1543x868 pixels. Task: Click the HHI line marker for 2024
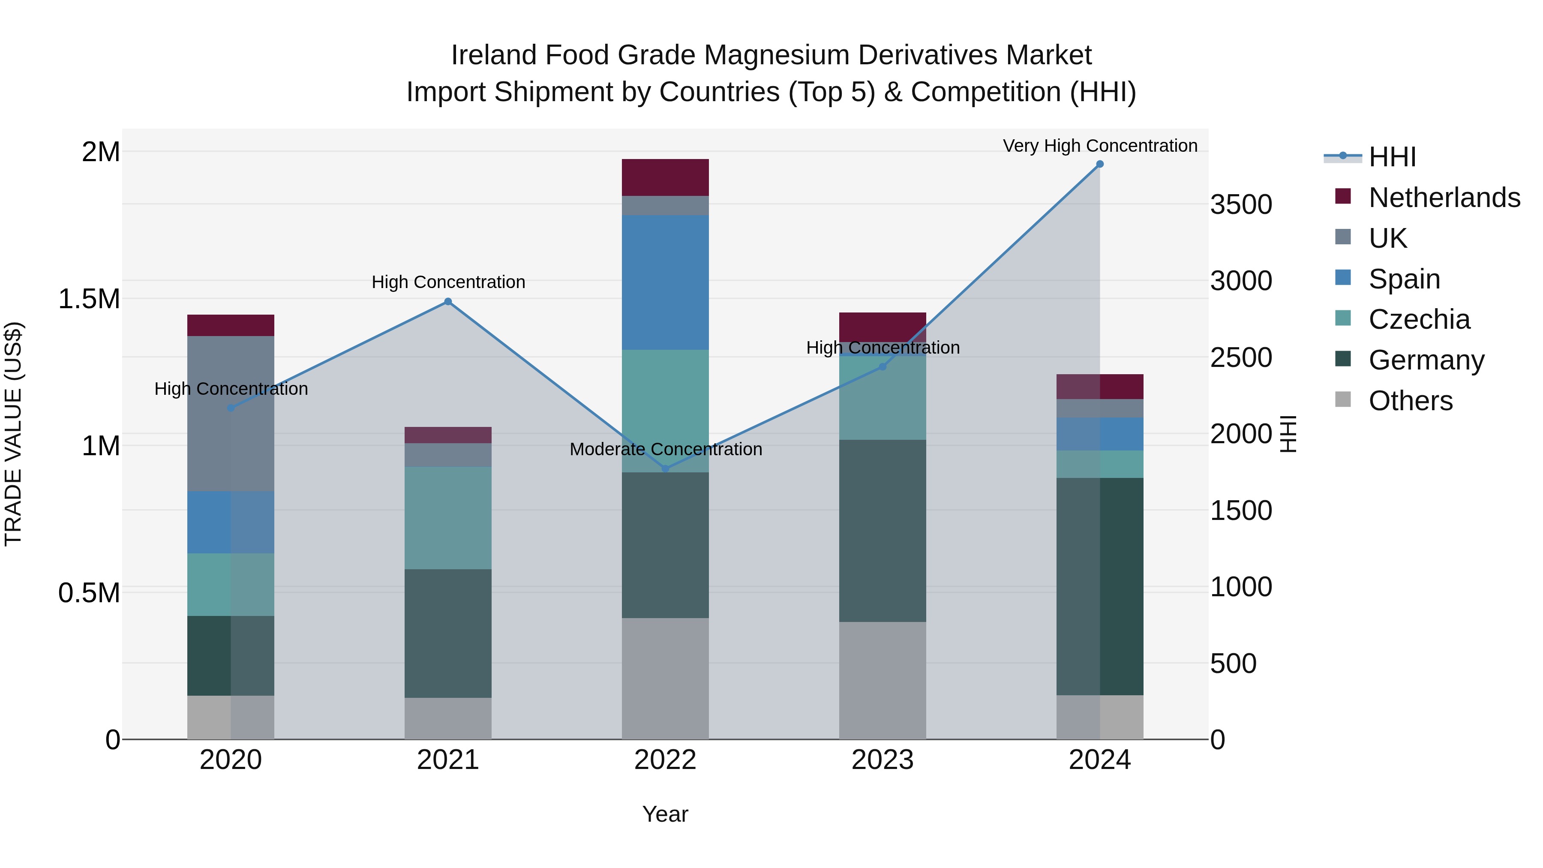[1100, 164]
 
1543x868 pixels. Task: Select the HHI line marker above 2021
[448, 302]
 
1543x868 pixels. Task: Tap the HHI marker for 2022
[666, 469]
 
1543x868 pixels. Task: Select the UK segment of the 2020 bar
[231, 413]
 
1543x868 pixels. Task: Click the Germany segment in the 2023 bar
[883, 530]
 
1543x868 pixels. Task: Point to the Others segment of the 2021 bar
[448, 718]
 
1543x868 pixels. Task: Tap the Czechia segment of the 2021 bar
[448, 517]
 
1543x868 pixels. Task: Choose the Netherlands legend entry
[1444, 198]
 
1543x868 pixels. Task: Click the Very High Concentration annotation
[1100, 146]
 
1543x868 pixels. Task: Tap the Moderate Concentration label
[666, 449]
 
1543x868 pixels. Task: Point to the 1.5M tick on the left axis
[89, 299]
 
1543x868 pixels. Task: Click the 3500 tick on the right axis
[1241, 205]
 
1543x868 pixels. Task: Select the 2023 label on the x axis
[883, 760]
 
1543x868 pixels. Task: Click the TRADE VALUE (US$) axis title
[13, 434]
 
